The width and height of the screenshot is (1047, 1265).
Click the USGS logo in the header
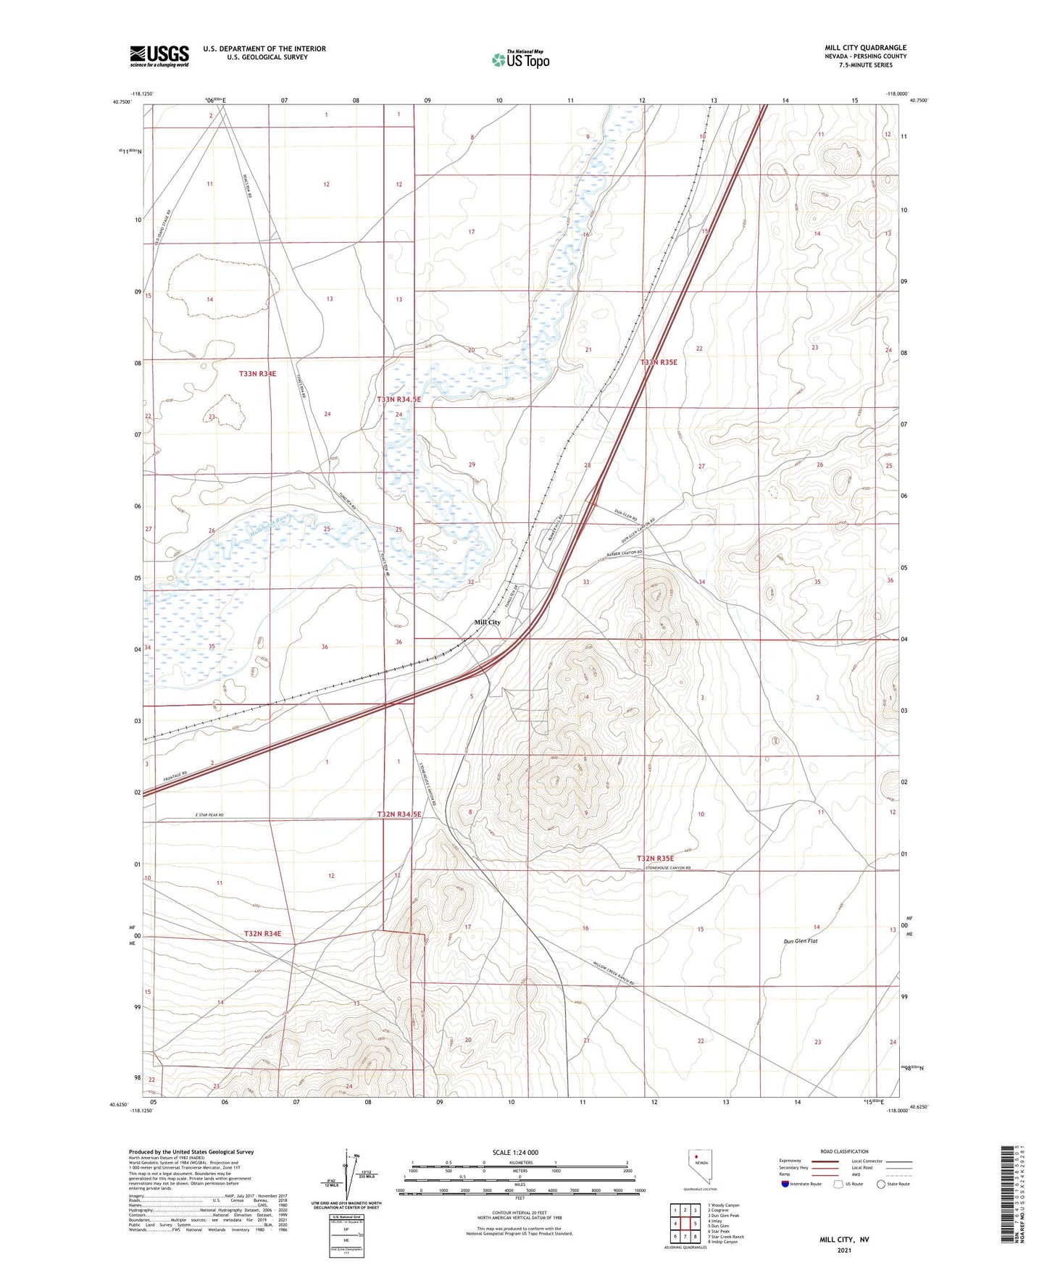point(159,56)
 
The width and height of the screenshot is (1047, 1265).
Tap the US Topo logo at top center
point(520,59)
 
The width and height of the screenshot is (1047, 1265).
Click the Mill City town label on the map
point(487,622)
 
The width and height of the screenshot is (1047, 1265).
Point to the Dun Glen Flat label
point(800,941)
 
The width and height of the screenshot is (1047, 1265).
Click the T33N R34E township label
point(257,374)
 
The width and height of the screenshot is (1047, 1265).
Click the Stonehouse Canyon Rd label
point(667,868)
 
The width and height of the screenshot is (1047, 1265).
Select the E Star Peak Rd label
point(209,816)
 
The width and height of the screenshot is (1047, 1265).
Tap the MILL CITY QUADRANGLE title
point(865,48)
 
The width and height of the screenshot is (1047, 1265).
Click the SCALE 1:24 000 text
point(515,1153)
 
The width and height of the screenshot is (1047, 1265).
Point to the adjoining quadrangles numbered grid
point(685,1224)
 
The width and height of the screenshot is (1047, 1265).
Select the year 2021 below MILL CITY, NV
point(843,1251)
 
